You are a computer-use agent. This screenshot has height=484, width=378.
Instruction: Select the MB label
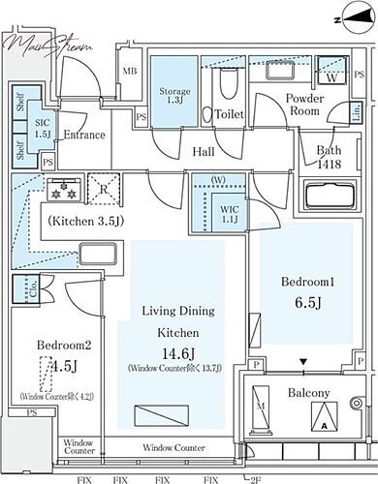coord(129,70)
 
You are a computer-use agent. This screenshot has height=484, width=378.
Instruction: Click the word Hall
coord(204,151)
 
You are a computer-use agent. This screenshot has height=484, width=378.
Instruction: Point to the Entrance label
coord(84,135)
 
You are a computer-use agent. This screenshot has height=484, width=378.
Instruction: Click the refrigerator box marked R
coord(101,191)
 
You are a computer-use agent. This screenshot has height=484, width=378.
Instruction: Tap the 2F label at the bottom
coord(255,478)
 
